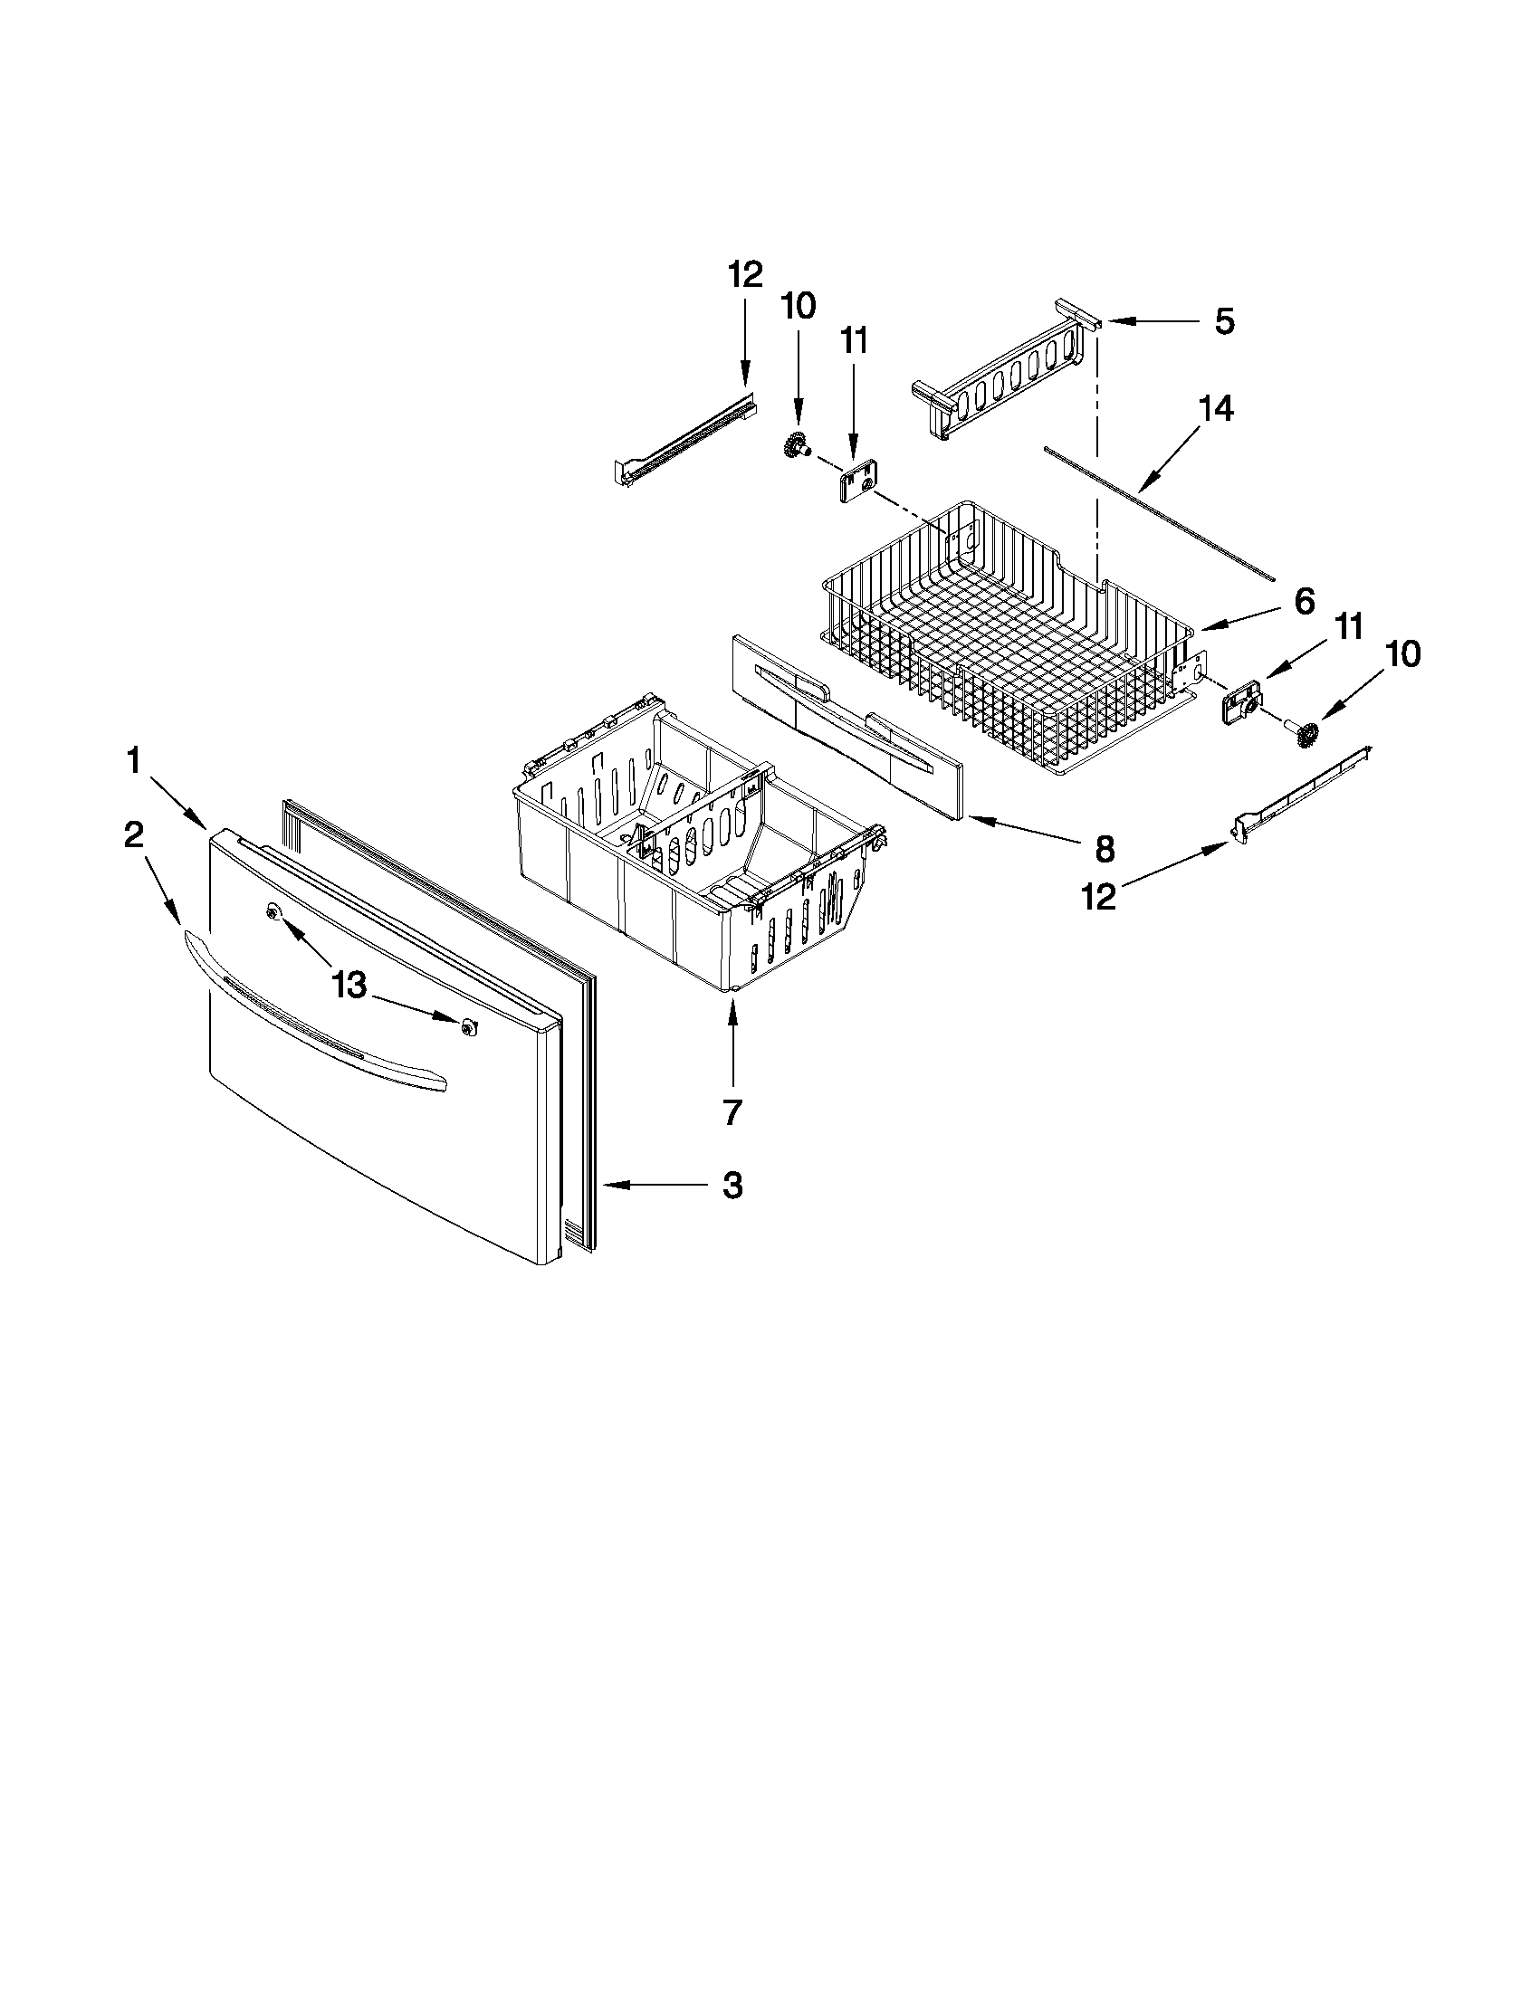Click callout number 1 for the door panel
coord(134,759)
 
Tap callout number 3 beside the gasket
coord(732,1186)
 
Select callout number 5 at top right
coord(1224,321)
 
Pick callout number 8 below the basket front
coord(1104,849)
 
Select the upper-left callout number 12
coord(745,273)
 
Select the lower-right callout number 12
coord(1098,898)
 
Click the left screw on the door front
coord(272,912)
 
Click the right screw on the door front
coord(469,1027)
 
